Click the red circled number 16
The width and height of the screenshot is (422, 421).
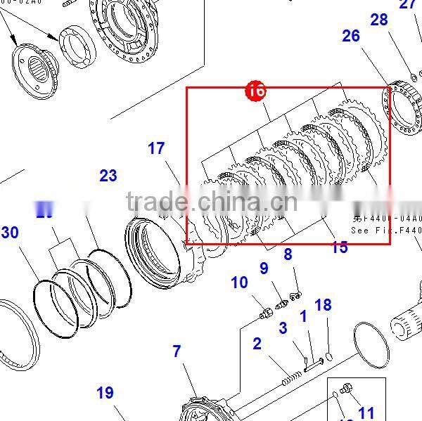pos(255,91)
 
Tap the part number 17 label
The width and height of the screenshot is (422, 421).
pos(156,149)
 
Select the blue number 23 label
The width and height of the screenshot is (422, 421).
pos(108,176)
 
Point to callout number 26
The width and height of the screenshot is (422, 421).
pos(351,35)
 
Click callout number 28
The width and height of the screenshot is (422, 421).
pos(379,20)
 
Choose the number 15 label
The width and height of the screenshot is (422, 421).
pos(340,247)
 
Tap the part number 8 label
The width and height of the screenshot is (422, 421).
pos(288,254)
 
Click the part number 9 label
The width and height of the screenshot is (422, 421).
pos(264,268)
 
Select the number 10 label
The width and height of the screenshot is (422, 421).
pos(239,283)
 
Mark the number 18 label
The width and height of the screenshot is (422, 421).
pos(323,305)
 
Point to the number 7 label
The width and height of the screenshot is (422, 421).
pos(177,351)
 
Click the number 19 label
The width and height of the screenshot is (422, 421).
pos(105,393)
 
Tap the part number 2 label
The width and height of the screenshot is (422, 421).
pos(257,344)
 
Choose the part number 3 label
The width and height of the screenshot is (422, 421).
pos(283,328)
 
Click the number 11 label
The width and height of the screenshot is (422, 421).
pos(366,413)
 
